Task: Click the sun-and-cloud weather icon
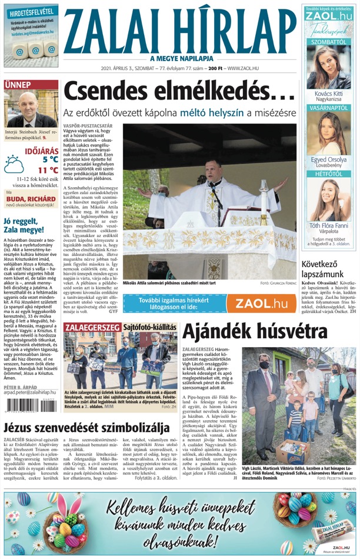14,164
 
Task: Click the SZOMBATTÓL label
328,42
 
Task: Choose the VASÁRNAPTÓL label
328,108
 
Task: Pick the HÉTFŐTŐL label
328,174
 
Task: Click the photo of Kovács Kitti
328,67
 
